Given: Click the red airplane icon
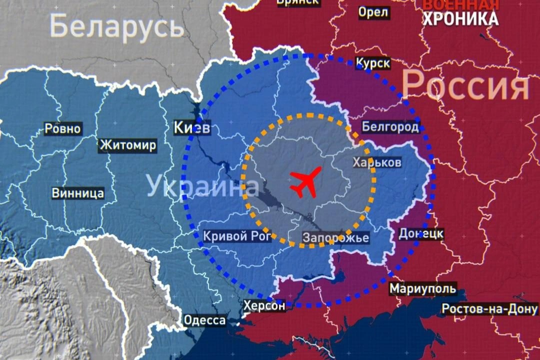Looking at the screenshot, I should point(305,182).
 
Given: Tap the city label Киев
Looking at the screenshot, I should point(192,128).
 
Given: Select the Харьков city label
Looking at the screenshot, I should point(376,162).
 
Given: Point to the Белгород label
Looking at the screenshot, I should point(390,127).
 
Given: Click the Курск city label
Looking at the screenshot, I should point(372,63).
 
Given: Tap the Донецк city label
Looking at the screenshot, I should point(421,233).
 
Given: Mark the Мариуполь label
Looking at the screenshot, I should point(422,288).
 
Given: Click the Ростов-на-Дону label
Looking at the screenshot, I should point(489,309).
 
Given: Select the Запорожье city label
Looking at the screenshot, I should point(336,237).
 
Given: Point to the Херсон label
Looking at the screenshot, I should point(264,305).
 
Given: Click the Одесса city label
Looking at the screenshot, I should point(204,320).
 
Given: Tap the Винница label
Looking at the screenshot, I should point(78,193).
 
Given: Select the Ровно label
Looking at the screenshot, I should point(62,128).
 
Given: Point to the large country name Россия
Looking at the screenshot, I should point(465,85).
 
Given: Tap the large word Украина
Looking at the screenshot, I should point(202,186).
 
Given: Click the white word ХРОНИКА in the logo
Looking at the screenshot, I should point(460,18).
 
